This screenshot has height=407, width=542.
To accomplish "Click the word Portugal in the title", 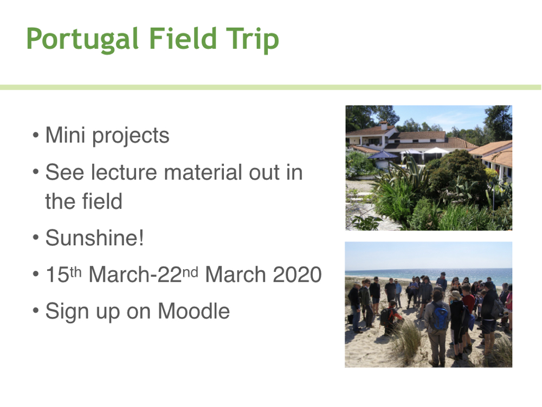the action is pyautogui.click(x=82, y=40).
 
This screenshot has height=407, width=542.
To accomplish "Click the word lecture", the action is pyautogui.click(x=124, y=172).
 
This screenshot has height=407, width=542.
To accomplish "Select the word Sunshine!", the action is pyautogui.click(x=94, y=238).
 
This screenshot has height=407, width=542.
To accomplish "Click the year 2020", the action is pyautogui.click(x=297, y=275).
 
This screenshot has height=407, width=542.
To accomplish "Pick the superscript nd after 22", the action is pyautogui.click(x=190, y=272).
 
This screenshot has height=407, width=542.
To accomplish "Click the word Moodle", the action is pyautogui.click(x=193, y=311).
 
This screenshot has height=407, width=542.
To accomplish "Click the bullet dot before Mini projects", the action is pyautogui.click(x=35, y=135).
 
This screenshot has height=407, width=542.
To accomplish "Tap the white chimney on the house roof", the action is pyautogui.click(x=383, y=125).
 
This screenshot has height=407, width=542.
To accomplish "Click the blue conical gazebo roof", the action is pyautogui.click(x=383, y=154).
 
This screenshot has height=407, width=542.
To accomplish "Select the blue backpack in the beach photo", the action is pyautogui.click(x=440, y=317).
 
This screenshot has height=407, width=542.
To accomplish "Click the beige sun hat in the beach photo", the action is pyautogui.click(x=456, y=295).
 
